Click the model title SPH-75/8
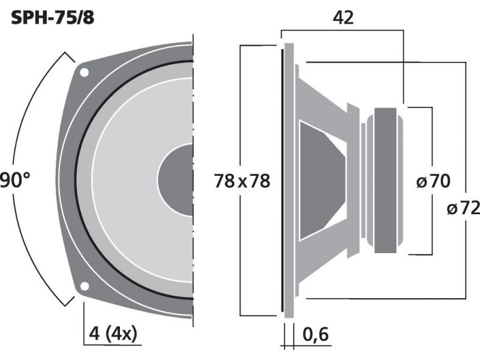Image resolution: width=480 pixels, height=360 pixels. (x=52, y=18)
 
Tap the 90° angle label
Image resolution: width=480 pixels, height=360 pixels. (x=15, y=179)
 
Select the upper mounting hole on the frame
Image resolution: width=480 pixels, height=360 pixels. (x=84, y=73)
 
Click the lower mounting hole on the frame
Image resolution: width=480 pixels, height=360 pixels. (x=84, y=286)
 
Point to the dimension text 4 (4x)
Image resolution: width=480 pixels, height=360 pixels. (x=113, y=334)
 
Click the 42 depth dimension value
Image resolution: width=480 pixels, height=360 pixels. (x=343, y=18)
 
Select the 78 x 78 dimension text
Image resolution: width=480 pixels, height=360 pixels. (x=242, y=181)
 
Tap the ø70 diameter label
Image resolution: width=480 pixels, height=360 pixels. (x=433, y=181)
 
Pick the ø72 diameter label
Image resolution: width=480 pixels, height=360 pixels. (x=463, y=209)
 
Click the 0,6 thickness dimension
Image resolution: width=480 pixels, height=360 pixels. (x=316, y=334)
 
